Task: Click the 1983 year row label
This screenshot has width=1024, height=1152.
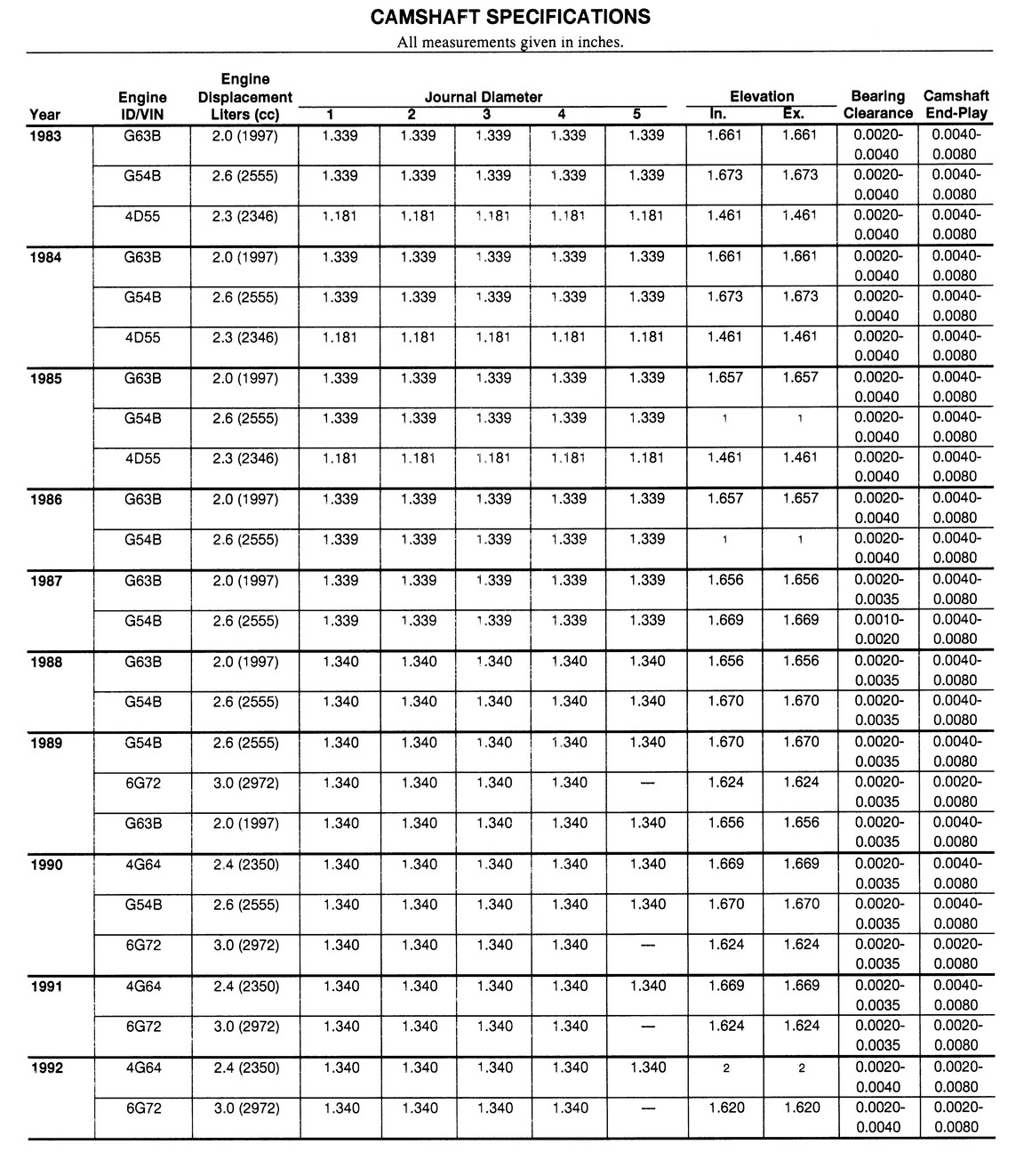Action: coord(45,136)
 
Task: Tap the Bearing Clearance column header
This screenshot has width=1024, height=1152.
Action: coord(877,104)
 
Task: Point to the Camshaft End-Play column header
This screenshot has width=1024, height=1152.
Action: coord(956,104)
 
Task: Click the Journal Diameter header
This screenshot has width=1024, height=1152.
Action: coord(483,97)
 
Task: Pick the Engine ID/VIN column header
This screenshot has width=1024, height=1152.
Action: coord(142,105)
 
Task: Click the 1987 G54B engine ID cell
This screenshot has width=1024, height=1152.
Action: coord(143,621)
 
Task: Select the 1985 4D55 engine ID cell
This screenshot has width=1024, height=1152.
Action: coord(143,459)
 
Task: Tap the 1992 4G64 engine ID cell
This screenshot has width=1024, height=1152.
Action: coord(143,1067)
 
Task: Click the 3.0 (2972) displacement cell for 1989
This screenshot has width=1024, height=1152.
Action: coord(245,783)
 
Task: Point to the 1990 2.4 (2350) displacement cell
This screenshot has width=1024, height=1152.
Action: coord(245,864)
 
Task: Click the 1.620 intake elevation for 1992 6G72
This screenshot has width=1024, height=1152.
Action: coord(726,1108)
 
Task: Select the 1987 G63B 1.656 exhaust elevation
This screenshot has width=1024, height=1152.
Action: coord(801,580)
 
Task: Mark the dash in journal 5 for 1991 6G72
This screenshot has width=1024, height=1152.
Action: coord(647,1027)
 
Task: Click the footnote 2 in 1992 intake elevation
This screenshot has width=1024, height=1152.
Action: coord(726,1068)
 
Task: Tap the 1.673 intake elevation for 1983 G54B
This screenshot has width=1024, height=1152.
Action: coord(725,175)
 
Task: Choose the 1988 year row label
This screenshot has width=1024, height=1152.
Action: coord(46,662)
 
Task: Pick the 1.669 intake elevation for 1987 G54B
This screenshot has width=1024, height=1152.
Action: coord(725,620)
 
